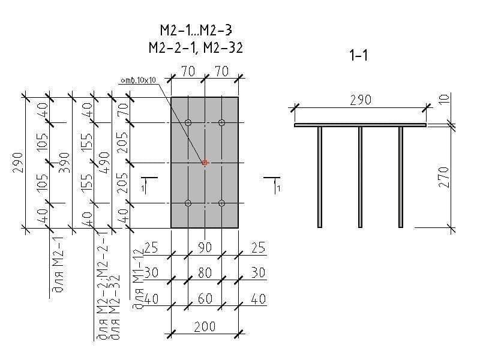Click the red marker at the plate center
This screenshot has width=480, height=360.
pyautogui.click(x=205, y=163)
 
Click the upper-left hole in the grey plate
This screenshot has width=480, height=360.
pyautogui.click(x=188, y=123)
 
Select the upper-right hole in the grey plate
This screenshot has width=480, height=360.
pyautogui.click(x=222, y=123)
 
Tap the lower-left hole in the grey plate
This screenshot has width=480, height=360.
pyautogui.click(x=188, y=203)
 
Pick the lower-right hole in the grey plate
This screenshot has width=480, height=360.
pyautogui.click(x=222, y=203)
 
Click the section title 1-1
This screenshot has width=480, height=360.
pyautogui.click(x=358, y=56)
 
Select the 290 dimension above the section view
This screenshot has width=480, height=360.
pyautogui.click(x=360, y=100)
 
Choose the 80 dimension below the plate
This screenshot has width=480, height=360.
pyautogui.click(x=205, y=273)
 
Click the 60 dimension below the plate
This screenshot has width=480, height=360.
pyautogui.click(x=205, y=298)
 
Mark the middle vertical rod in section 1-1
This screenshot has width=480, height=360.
pyautogui.click(x=361, y=177)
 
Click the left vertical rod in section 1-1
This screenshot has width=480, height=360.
pyautogui.click(x=320, y=177)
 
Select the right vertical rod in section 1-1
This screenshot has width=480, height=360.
pyautogui.click(x=401, y=177)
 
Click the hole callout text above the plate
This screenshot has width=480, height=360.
pyautogui.click(x=137, y=80)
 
